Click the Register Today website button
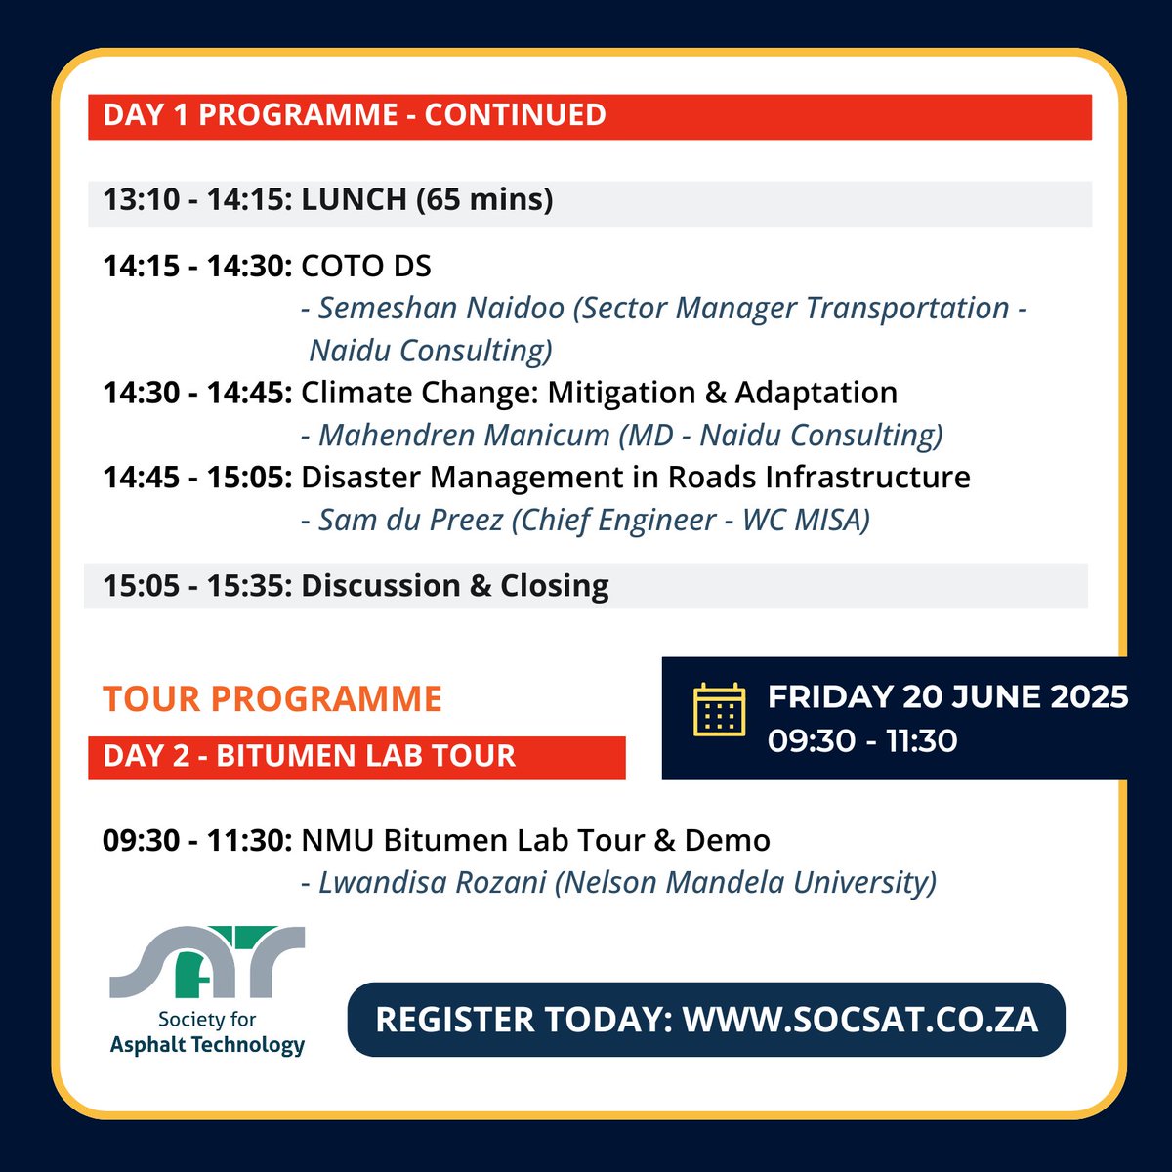click(x=706, y=1020)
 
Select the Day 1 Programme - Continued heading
click(x=355, y=115)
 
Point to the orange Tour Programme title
click(x=272, y=699)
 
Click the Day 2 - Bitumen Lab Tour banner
click(x=309, y=756)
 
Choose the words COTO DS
click(x=365, y=266)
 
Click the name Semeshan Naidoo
click(x=441, y=309)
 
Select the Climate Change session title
click(x=599, y=393)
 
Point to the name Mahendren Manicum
click(x=464, y=436)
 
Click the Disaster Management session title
click(x=635, y=478)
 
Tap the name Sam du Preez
click(x=410, y=520)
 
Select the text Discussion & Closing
click(x=454, y=586)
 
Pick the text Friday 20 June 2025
click(x=946, y=697)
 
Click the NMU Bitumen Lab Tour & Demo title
click(x=535, y=840)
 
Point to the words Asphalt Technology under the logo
click(x=207, y=1045)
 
